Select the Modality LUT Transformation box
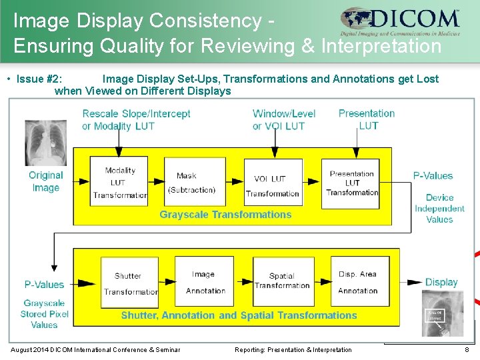pos(119,181)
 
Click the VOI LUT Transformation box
pos(272,183)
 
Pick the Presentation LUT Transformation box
pos(353,182)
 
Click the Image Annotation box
pos(205,283)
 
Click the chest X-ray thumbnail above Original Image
pos(45,142)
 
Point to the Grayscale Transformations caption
pos(225,215)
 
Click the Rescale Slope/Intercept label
pos(136,119)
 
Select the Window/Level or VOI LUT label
pos(284,119)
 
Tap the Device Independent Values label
pos(439,208)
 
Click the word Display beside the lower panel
pos(441,282)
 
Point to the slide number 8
pos(467,350)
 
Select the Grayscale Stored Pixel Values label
pos(44,314)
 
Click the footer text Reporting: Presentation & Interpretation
pos(293,350)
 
